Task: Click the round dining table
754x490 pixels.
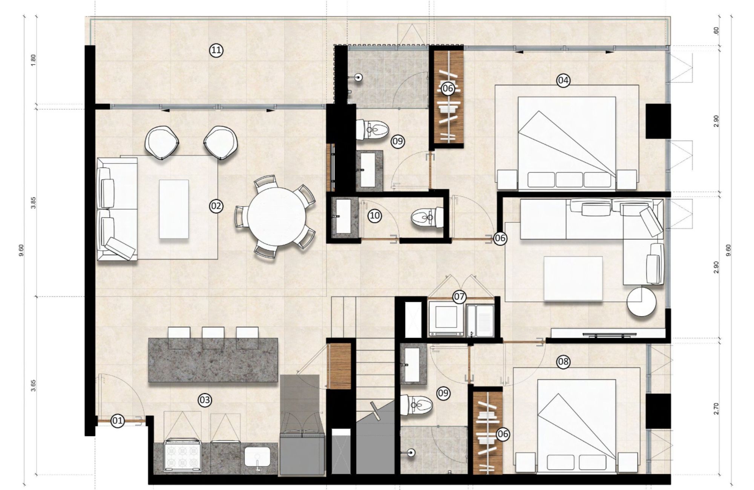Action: click(277, 217)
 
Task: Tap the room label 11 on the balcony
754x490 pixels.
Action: click(216, 50)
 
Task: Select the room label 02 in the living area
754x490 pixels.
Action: click(216, 206)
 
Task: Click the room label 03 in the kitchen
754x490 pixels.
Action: click(205, 400)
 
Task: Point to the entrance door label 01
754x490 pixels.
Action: click(118, 420)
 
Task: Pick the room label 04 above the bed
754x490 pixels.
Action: click(564, 80)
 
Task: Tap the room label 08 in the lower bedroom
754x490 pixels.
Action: click(564, 362)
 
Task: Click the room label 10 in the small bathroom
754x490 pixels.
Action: click(375, 216)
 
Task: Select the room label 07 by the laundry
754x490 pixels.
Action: click(459, 297)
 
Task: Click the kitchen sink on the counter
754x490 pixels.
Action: click(257, 458)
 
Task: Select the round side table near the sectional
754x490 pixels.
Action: click(641, 302)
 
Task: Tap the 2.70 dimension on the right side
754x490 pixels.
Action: click(717, 409)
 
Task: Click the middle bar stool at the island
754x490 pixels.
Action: click(213, 333)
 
